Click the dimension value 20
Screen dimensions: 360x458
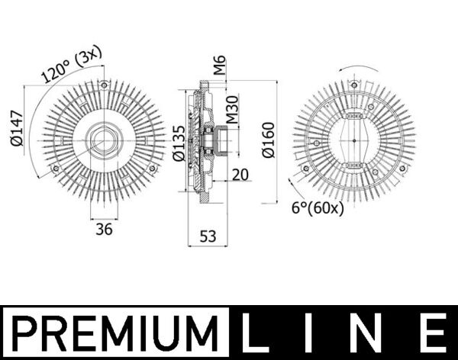pyautogui.click(x=240, y=175)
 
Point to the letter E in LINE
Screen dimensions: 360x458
pyautogui.click(x=432, y=333)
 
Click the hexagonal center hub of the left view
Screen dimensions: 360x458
pyautogui.click(x=102, y=140)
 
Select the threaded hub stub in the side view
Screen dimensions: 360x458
pyautogui.click(x=222, y=140)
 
